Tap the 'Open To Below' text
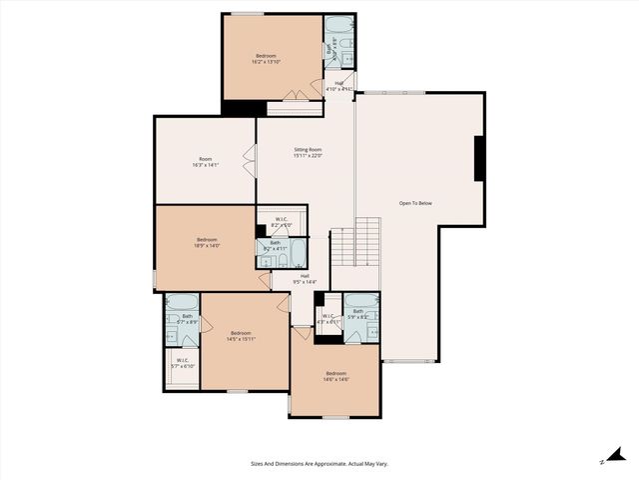coord(415,203)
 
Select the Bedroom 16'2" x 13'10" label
coord(266,59)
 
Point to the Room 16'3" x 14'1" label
coord(205,162)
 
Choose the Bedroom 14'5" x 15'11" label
coord(241,336)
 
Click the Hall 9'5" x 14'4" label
coord(304,279)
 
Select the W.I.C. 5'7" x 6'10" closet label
coord(183,363)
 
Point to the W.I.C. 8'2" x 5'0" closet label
coord(281,223)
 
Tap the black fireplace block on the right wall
coord(479,157)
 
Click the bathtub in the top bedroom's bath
coord(339,25)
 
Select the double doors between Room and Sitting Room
coord(251,160)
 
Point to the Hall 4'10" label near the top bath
coord(339,86)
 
